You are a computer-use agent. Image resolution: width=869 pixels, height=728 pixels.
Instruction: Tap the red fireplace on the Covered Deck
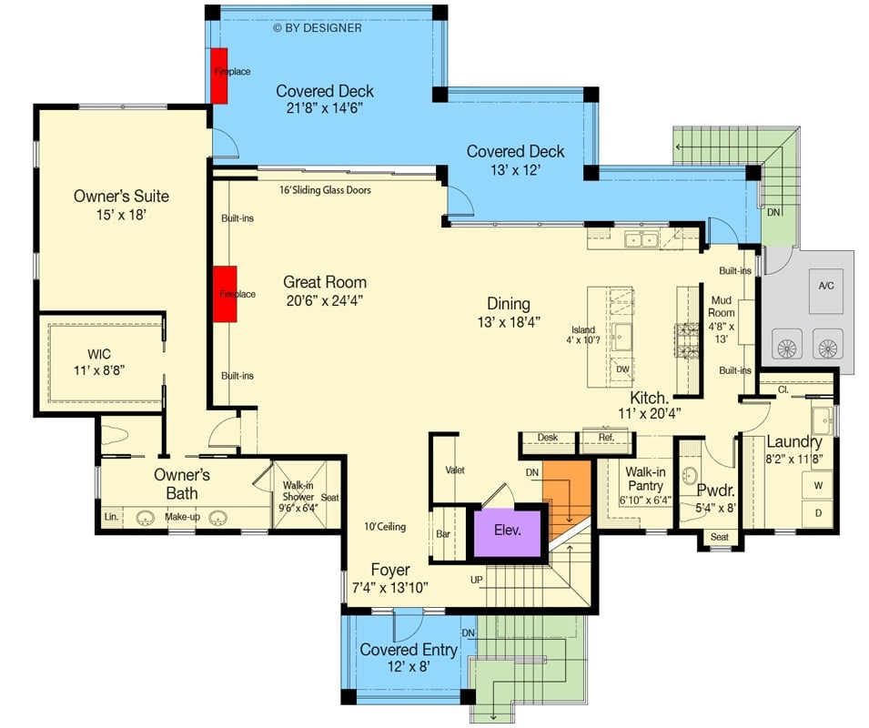(220, 74)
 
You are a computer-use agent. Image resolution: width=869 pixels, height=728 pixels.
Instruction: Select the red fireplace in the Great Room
(224, 294)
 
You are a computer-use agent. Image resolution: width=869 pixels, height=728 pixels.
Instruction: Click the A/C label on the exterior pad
(825, 285)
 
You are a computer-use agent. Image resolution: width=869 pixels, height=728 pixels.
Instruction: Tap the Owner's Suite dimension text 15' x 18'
(121, 216)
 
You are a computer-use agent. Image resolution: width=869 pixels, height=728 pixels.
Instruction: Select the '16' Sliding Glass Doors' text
(325, 190)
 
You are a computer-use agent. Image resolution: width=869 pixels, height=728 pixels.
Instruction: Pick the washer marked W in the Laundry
(817, 485)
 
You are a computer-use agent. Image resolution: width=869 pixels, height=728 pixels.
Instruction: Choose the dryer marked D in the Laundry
(817, 513)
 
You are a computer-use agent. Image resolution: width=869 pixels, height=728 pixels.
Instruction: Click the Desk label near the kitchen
(547, 438)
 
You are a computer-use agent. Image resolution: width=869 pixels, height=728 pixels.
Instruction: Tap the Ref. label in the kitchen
(606, 438)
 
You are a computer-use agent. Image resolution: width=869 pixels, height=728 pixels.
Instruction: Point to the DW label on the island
(622, 369)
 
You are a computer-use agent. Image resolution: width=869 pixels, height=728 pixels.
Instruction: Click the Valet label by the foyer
(455, 470)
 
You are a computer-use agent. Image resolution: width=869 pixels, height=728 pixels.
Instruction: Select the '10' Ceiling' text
(384, 527)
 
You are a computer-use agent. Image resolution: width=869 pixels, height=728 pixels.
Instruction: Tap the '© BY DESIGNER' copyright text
(318, 27)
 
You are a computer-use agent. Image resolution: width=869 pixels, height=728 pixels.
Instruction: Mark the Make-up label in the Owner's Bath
(182, 517)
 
